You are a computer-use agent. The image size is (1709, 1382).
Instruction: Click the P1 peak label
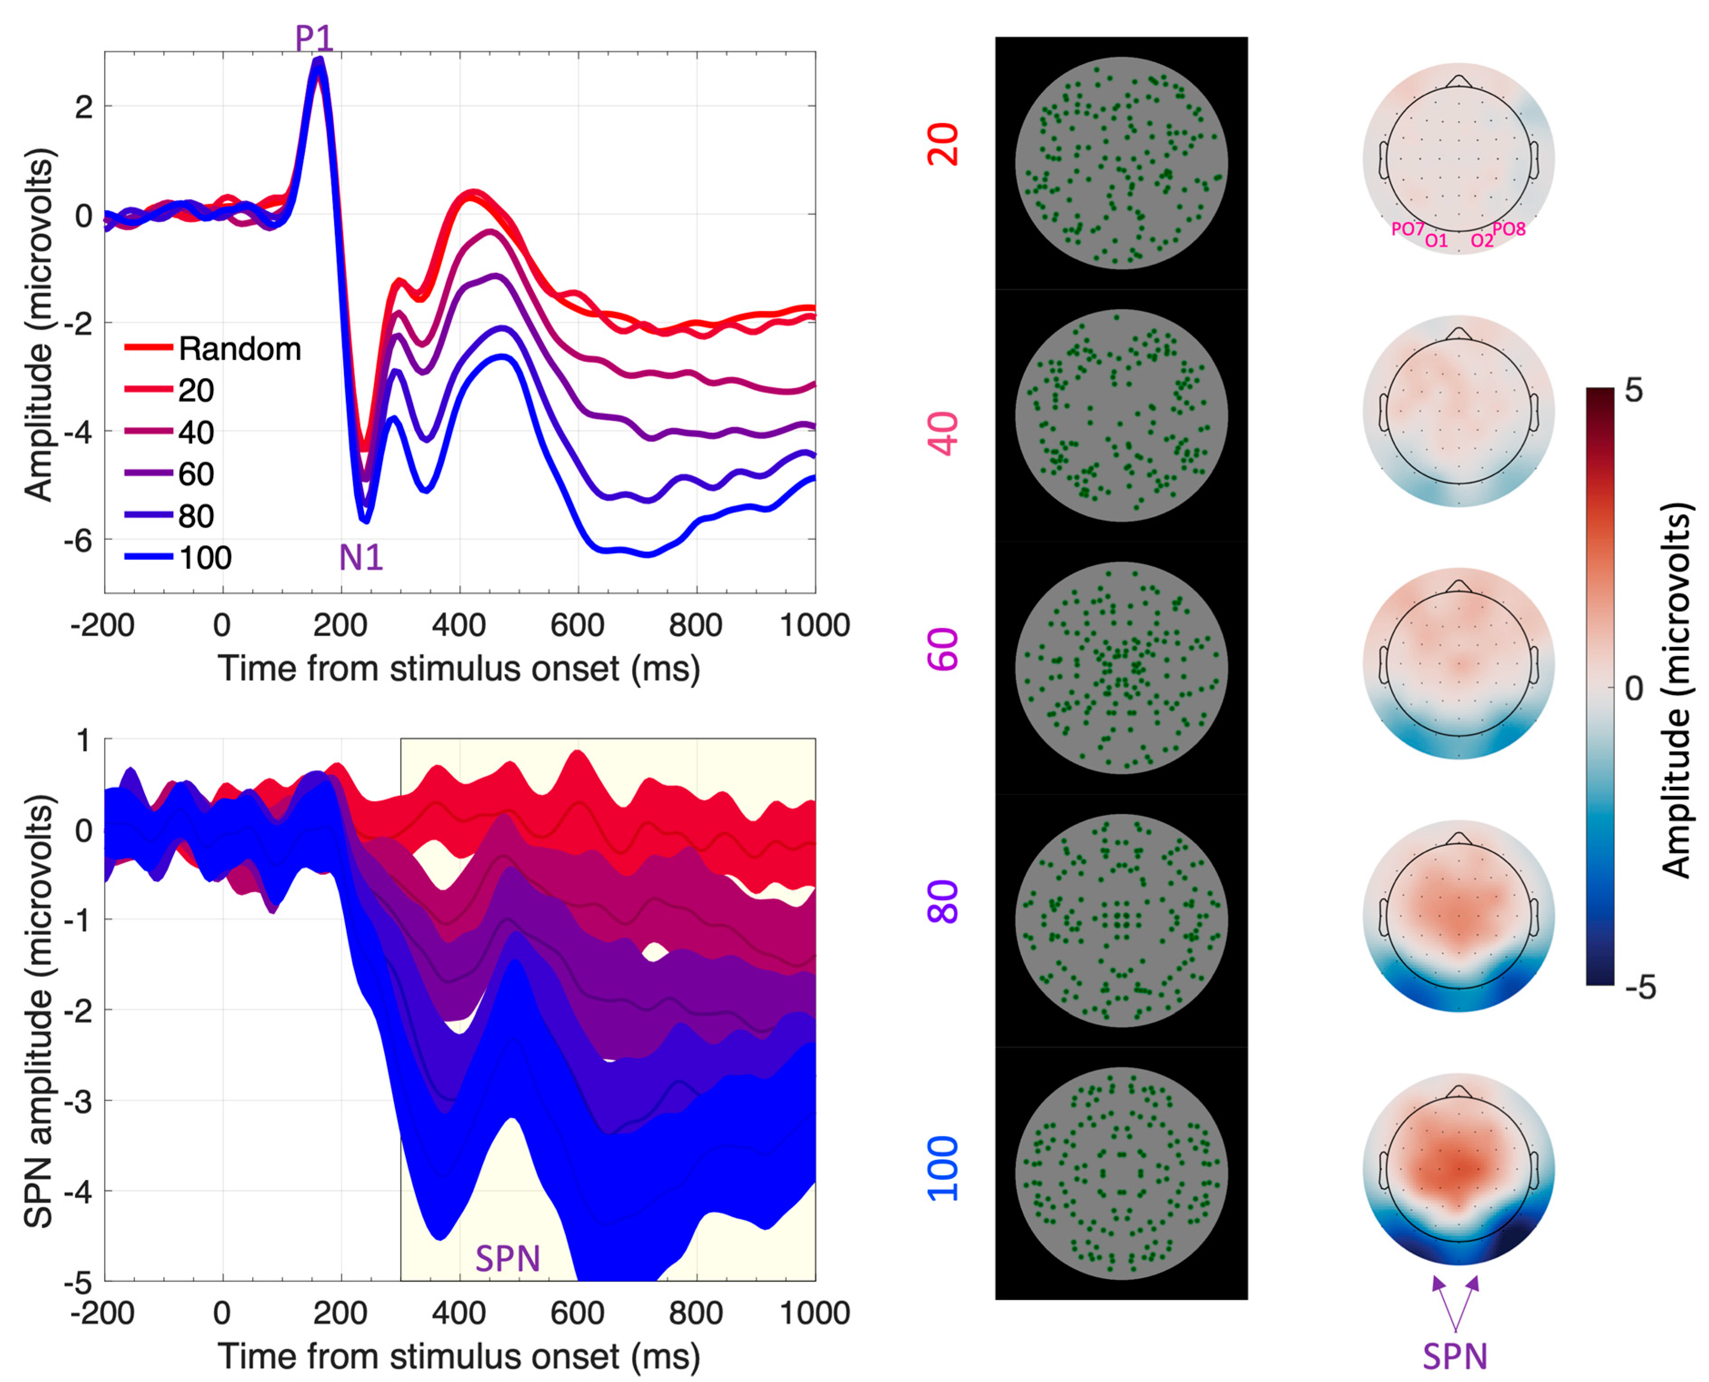click(x=314, y=37)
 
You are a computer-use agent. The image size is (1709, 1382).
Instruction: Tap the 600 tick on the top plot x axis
click(x=578, y=625)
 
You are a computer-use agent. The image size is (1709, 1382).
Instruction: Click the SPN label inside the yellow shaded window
click(x=508, y=1258)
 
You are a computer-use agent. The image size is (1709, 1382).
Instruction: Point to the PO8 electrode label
click(x=1509, y=229)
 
